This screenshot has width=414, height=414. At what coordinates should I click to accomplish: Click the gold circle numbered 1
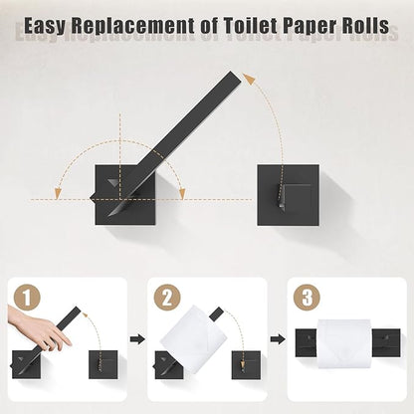(x=27, y=298)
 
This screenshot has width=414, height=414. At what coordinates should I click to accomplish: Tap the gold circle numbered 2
(x=167, y=298)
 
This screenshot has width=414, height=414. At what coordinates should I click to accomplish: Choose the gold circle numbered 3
(x=306, y=298)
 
